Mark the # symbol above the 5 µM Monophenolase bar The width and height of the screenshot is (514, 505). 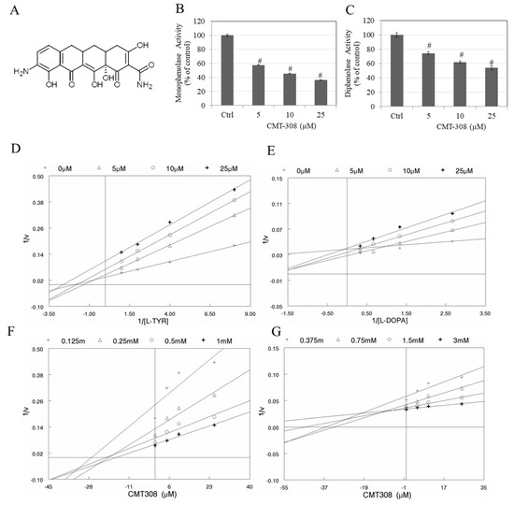point(259,60)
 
